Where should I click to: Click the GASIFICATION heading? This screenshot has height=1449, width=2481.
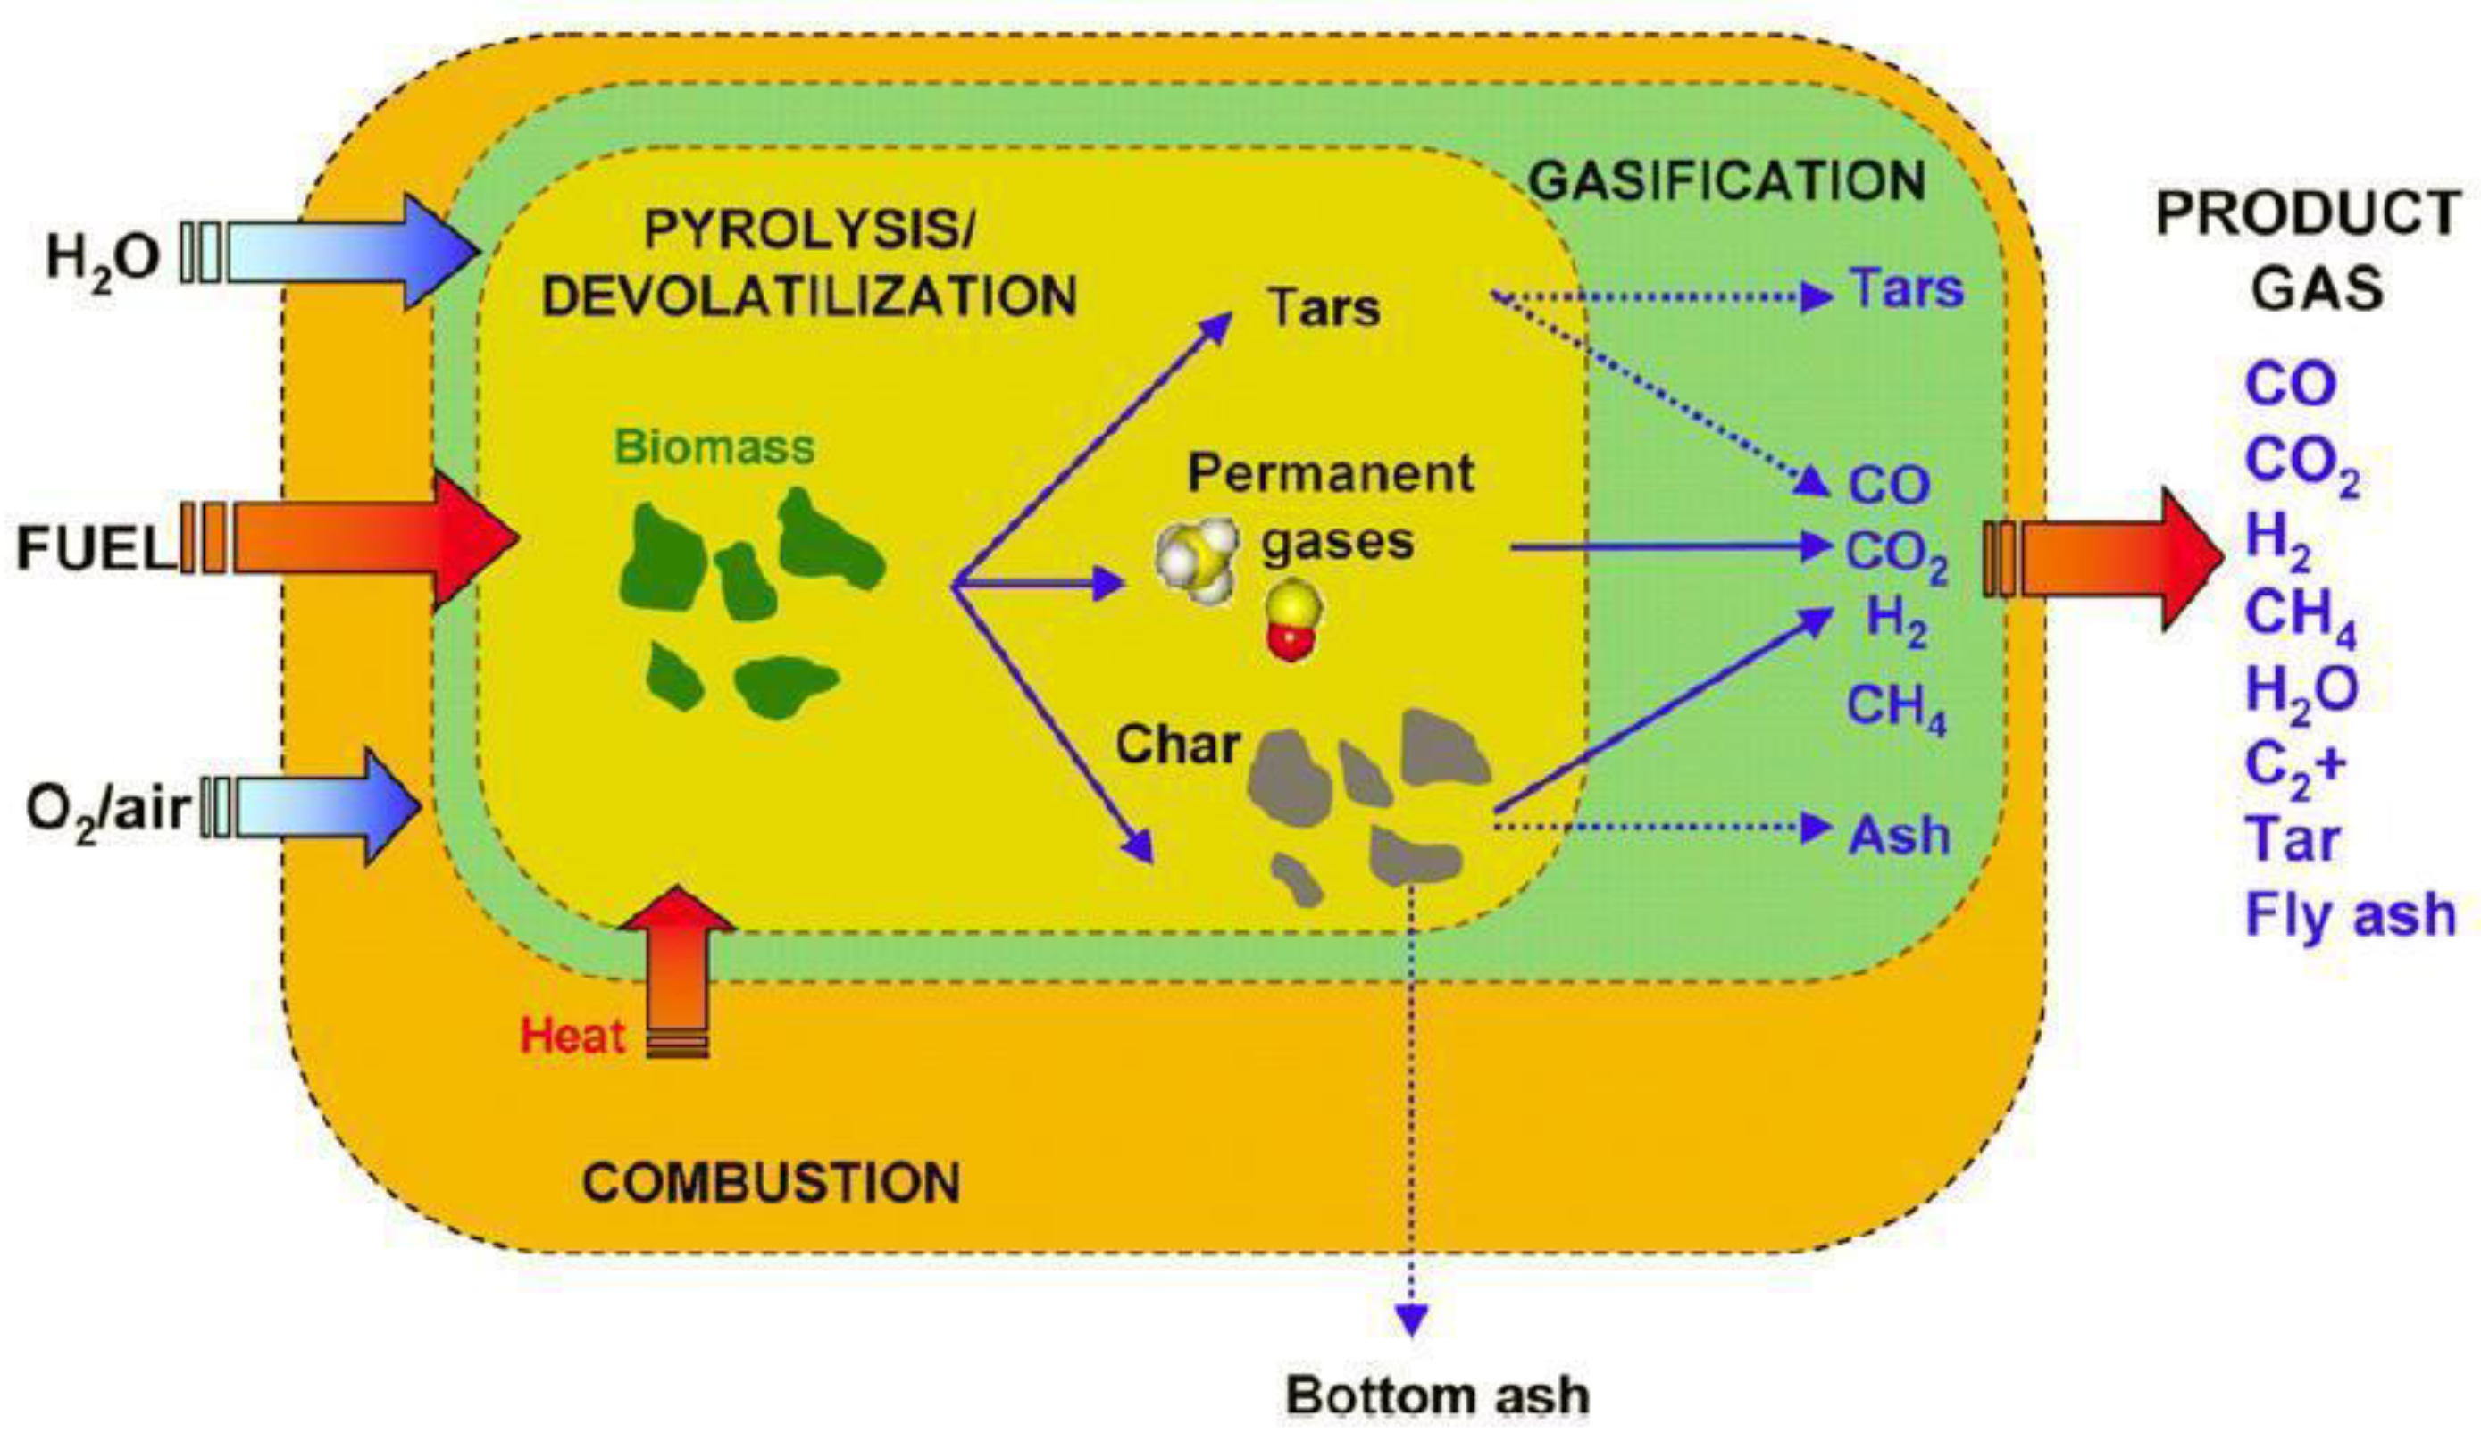[1727, 181]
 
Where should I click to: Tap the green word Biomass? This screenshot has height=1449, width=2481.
[714, 448]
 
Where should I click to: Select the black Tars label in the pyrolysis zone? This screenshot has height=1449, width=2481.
[1324, 308]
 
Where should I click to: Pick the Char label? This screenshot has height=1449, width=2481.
[1177, 746]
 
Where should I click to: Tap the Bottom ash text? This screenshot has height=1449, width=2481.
[1437, 1395]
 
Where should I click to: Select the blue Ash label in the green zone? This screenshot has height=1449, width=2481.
[1899, 836]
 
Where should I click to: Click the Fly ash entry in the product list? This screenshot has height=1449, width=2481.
[2351, 914]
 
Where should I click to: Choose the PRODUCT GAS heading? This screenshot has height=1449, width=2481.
[2309, 252]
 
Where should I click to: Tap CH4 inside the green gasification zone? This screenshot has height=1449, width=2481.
[1896, 708]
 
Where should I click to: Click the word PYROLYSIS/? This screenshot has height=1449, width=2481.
[807, 231]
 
